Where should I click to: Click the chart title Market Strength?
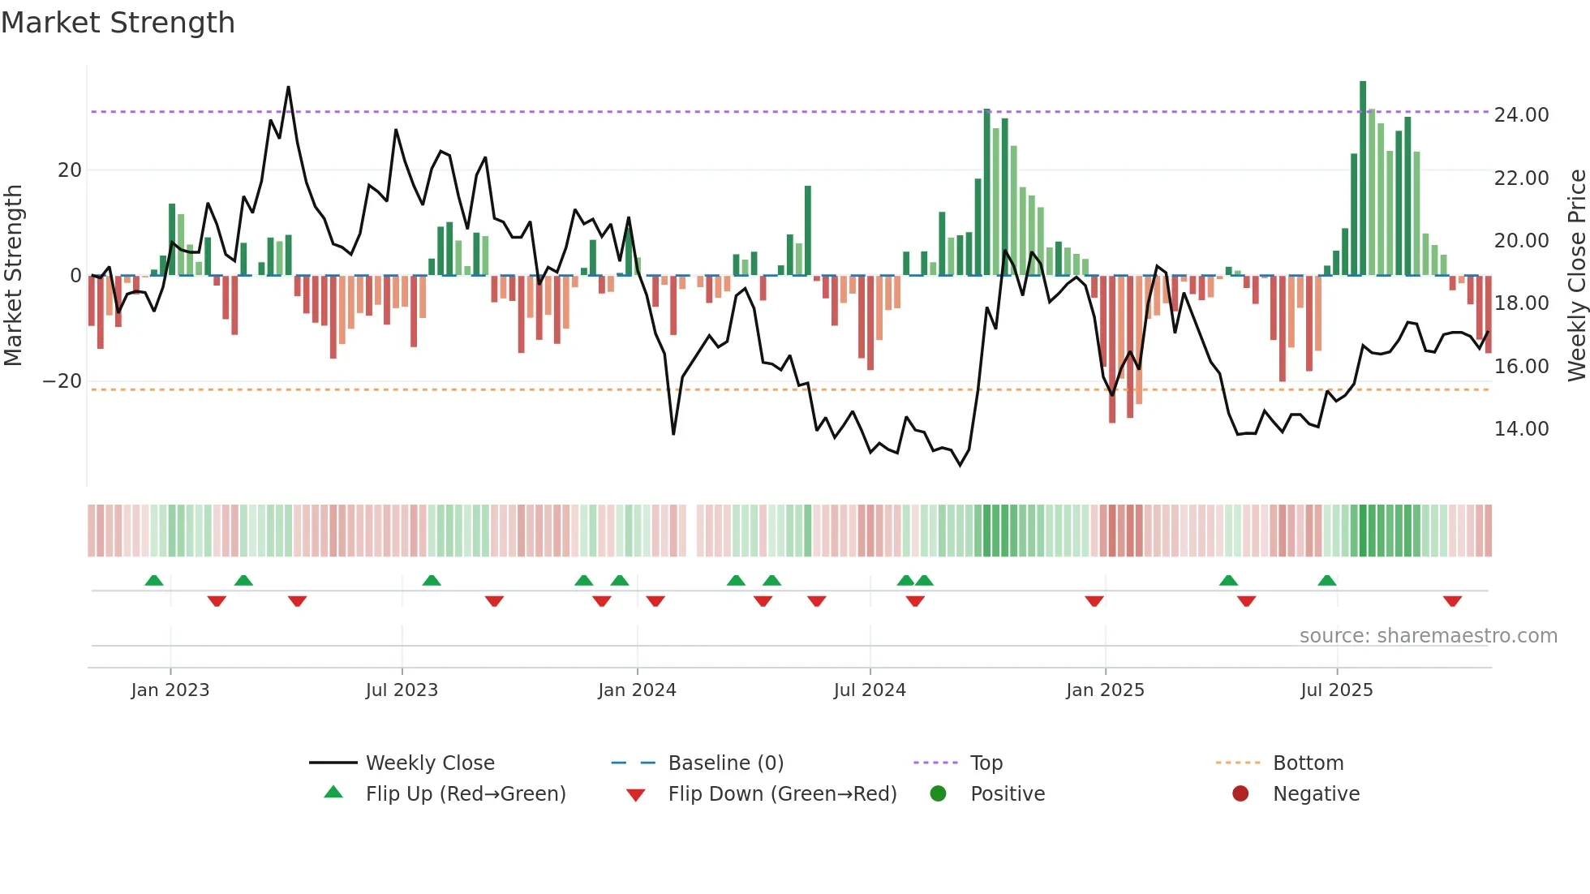tap(118, 23)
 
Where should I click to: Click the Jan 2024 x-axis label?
tap(637, 690)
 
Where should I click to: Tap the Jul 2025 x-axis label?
tap(1336, 690)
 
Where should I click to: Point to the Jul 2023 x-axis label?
tap(402, 690)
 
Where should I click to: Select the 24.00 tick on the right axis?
tap(1521, 115)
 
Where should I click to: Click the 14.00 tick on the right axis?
tap(1521, 429)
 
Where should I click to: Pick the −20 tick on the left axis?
tap(62, 381)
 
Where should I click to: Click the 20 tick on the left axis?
tap(70, 170)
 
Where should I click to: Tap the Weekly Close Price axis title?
tap(1576, 276)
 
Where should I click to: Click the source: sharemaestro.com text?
tap(1428, 636)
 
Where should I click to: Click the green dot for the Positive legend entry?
tap(939, 794)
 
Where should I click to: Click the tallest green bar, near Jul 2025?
tap(1363, 178)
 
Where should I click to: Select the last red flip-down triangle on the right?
tap(1452, 601)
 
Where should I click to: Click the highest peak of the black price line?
tap(288, 88)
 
